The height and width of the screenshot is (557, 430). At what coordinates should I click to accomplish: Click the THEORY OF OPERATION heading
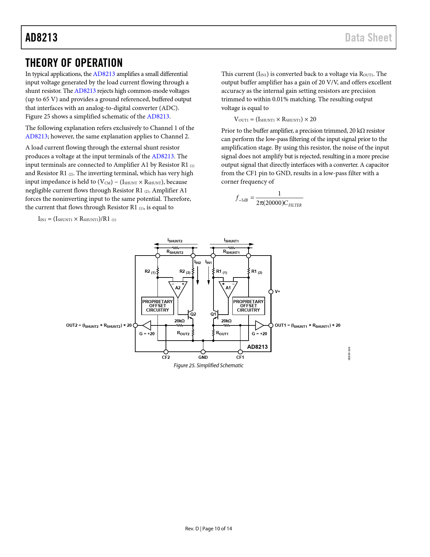(x=74, y=63)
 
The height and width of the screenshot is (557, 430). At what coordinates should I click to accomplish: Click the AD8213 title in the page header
(x=41, y=37)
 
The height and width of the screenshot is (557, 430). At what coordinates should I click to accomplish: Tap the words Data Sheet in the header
(x=368, y=37)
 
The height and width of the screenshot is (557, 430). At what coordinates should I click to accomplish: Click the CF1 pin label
(x=240, y=357)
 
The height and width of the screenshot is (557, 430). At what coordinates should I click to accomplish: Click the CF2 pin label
(x=166, y=357)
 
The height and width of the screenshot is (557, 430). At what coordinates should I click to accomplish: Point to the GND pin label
(x=203, y=357)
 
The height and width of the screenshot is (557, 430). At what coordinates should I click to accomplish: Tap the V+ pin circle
(x=271, y=292)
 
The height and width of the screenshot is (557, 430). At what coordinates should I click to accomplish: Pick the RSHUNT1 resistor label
(x=231, y=252)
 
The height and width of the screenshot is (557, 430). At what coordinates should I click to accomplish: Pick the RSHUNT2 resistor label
(x=175, y=252)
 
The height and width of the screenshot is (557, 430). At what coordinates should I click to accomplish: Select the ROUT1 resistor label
(x=222, y=334)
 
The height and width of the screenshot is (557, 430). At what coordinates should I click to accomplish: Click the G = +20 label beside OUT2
(x=147, y=334)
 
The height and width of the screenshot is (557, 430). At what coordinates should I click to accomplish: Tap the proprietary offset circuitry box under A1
(x=249, y=306)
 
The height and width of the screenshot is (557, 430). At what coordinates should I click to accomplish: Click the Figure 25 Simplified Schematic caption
(x=208, y=365)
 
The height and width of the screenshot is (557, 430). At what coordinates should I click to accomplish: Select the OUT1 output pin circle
(x=271, y=325)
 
